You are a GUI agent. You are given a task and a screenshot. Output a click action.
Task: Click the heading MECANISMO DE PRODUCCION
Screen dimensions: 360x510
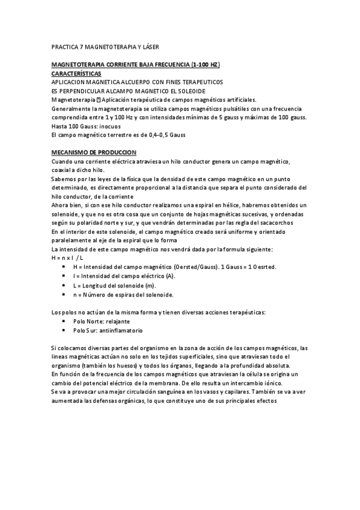[x=94, y=153]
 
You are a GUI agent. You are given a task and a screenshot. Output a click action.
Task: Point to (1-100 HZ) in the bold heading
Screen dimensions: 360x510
[x=206, y=64]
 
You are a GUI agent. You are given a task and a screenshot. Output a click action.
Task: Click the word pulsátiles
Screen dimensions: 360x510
[x=231, y=108]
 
